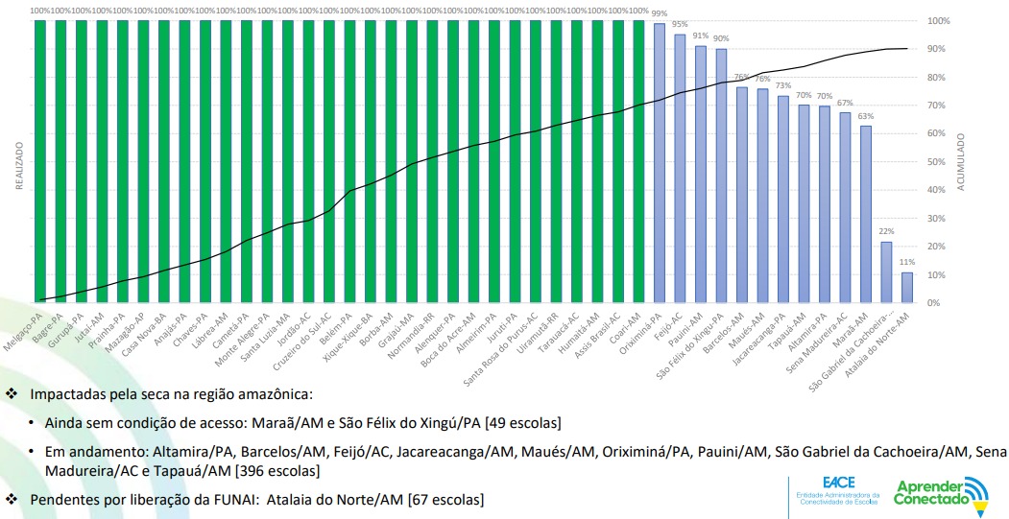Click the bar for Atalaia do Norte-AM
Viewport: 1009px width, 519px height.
tap(907, 288)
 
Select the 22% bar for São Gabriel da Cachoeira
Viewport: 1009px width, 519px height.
tap(886, 272)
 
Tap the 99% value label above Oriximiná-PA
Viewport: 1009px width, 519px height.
tap(660, 13)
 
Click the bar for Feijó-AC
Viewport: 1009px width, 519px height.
tap(680, 168)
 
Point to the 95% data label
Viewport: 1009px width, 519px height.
tap(680, 24)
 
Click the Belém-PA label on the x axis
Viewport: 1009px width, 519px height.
tap(342, 318)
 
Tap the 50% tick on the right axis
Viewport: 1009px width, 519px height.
tap(939, 162)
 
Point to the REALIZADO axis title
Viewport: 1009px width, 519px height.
tap(18, 167)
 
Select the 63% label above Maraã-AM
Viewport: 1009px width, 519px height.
tap(866, 116)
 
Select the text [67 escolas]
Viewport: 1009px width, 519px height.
tap(445, 499)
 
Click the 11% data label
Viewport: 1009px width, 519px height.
tap(907, 262)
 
